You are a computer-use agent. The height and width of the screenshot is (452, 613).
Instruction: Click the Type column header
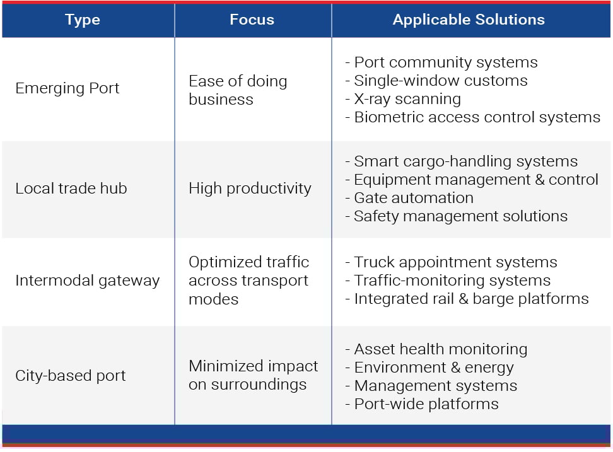coord(82,20)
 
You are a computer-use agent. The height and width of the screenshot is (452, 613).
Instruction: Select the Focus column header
coord(252,20)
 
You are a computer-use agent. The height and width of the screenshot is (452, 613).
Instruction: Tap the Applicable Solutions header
coord(469,20)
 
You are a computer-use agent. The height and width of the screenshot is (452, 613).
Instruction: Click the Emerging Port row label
coord(67,88)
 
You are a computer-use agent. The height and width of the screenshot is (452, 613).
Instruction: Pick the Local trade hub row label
coord(71,188)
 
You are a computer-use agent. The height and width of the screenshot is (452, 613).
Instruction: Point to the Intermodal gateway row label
coord(87,281)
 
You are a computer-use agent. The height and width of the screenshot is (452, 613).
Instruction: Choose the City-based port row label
coord(70,376)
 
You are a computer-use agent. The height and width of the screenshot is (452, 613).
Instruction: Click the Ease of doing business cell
coord(237,90)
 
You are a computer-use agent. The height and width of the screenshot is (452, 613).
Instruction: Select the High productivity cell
coord(250,188)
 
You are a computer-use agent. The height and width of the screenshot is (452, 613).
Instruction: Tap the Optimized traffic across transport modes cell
coord(248,281)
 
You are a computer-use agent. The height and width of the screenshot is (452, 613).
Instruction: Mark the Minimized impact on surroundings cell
coord(253,375)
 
